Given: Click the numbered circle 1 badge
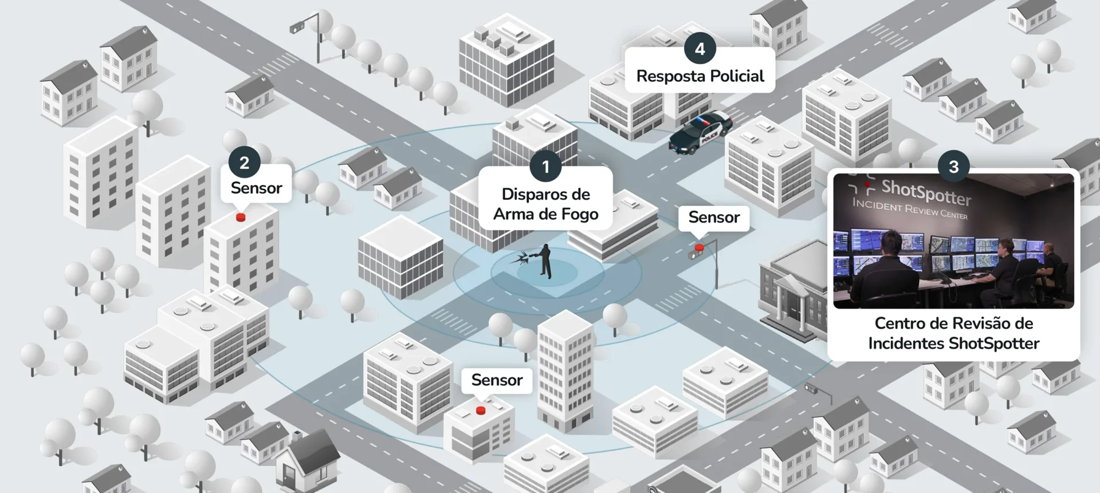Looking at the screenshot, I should tap(545, 167).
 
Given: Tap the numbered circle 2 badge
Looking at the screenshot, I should tap(244, 163).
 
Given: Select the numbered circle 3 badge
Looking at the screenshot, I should tap(953, 167).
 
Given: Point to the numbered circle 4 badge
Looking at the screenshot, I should tap(700, 49).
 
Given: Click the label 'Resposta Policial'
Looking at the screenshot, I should tap(700, 76).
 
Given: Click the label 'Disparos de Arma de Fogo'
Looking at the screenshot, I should tap(545, 204).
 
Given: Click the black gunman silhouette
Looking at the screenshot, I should tap(546, 261).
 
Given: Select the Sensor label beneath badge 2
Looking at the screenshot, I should tap(256, 188).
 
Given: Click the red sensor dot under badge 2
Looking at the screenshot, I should tap(241, 218).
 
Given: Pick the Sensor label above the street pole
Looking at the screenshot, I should tap(714, 218).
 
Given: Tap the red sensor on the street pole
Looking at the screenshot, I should tap(699, 248).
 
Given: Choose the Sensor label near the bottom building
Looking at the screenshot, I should tap(497, 380).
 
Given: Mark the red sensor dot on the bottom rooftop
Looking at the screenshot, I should tap(481, 411).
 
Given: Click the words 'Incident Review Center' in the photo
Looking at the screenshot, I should tap(910, 209).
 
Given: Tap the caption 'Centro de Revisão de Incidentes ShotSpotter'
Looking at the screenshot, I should tap(953, 333).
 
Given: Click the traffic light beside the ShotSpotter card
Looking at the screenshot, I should tap(812, 389).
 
